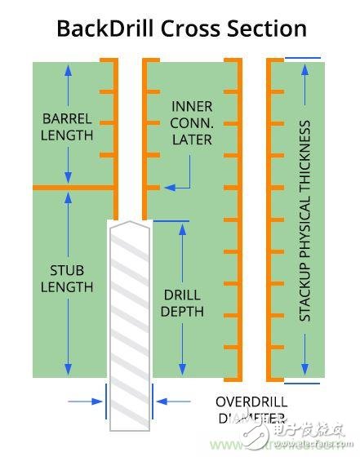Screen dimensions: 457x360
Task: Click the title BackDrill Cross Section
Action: (x=181, y=29)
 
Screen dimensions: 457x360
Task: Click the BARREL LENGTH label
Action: (x=67, y=126)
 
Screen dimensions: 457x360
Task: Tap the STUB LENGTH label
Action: (x=67, y=278)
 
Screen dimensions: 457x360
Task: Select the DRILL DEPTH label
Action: (x=183, y=303)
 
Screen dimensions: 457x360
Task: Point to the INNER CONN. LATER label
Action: (x=192, y=123)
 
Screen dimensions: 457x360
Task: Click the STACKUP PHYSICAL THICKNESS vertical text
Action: (x=304, y=220)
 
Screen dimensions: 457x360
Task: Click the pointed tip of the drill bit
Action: (x=129, y=222)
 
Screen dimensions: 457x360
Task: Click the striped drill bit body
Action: (x=129, y=326)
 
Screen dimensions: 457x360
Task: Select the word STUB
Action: (x=67, y=270)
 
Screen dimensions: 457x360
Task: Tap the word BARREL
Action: (x=67, y=118)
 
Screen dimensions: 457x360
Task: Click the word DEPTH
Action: (x=183, y=312)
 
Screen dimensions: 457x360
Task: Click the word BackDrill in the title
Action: (x=104, y=29)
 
